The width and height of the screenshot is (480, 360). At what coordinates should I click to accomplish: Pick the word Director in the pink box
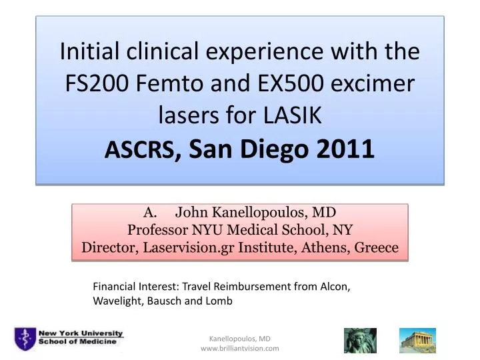coord(108,248)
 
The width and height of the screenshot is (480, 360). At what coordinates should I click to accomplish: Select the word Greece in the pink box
coord(375,248)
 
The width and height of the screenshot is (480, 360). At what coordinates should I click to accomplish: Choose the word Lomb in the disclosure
coord(219,301)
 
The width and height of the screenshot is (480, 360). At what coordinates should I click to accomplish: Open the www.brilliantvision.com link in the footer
coord(239,349)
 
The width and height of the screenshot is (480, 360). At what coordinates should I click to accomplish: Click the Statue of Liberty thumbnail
coord(360,341)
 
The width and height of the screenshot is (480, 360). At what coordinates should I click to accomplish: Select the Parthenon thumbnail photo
coord(417,341)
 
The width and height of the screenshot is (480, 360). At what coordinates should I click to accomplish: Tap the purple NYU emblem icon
coord(25,338)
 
